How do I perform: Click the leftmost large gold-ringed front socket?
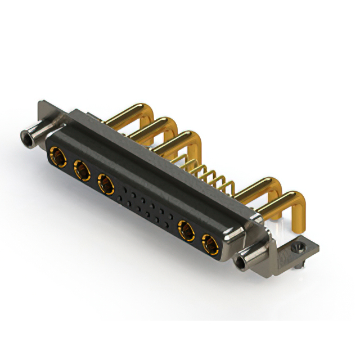pyautogui.click(x=57, y=154)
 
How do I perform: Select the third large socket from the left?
pyautogui.click(x=106, y=182)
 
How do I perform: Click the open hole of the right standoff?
pyautogui.click(x=244, y=262)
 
